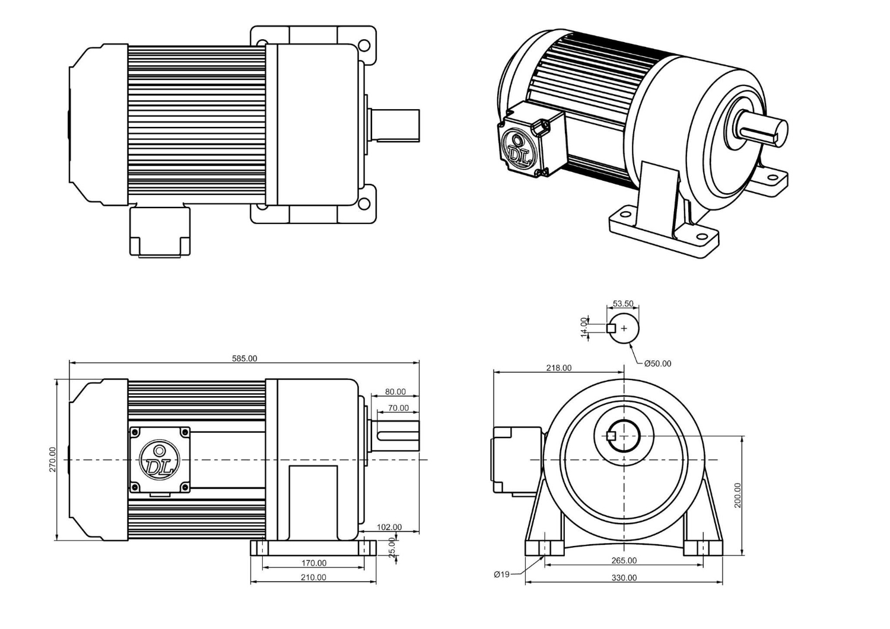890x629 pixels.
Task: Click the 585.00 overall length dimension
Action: click(244, 358)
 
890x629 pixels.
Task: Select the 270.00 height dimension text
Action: click(52, 459)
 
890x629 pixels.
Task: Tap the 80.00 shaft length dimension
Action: click(395, 391)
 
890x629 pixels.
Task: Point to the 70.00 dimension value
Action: click(398, 408)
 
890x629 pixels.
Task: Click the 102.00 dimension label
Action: click(389, 527)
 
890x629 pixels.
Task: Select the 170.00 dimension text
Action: click(313, 563)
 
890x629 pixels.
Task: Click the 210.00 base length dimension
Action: click(313, 577)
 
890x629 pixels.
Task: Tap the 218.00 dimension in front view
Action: click(558, 368)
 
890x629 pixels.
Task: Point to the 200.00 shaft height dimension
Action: click(738, 495)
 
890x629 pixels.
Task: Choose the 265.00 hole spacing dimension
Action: click(624, 560)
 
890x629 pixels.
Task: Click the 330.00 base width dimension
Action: click(624, 577)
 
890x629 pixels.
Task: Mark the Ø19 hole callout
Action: click(501, 574)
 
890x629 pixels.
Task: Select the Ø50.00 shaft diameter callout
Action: click(657, 363)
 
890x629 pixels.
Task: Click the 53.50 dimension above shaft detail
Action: click(623, 304)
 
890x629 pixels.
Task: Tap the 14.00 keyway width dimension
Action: click(584, 328)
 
